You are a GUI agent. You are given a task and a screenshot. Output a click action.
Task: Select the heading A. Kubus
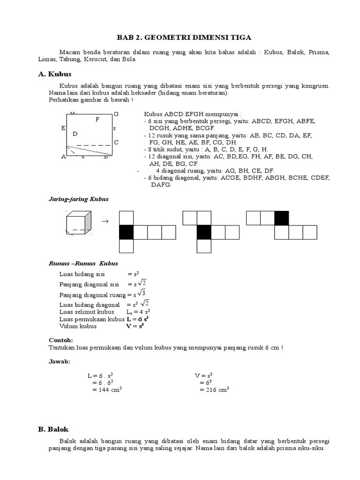pyautogui.click(x=54, y=74)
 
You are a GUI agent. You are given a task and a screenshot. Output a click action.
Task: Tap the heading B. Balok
pyautogui.click(x=53, y=429)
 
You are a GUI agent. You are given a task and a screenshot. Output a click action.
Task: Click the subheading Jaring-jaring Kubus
pyautogui.click(x=79, y=199)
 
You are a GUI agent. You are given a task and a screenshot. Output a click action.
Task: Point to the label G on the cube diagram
pyautogui.click(x=116, y=114)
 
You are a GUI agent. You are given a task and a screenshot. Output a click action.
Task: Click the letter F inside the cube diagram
pyautogui.click(x=97, y=120)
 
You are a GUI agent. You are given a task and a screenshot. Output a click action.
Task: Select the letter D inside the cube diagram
pyautogui.click(x=75, y=134)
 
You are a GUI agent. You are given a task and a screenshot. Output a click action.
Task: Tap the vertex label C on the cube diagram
pyautogui.click(x=116, y=142)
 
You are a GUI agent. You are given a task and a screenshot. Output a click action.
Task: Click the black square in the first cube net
pyautogui.click(x=126, y=232)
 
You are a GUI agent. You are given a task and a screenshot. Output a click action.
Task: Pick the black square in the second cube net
pyautogui.click(x=203, y=232)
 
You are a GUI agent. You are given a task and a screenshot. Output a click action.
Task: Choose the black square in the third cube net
pyautogui.click(x=281, y=218)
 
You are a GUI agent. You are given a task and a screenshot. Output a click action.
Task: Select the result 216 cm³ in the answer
pyautogui.click(x=214, y=390)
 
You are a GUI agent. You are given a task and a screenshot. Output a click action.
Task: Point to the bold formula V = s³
pyautogui.click(x=135, y=326)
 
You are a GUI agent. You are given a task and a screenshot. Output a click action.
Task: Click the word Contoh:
pyautogui.click(x=61, y=340)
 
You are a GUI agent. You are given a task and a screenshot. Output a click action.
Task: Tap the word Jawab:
pyautogui.click(x=59, y=361)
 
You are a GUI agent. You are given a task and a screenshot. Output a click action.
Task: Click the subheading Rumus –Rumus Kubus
pyautogui.click(x=83, y=263)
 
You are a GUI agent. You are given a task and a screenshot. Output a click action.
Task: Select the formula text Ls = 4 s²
pyautogui.click(x=138, y=312)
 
